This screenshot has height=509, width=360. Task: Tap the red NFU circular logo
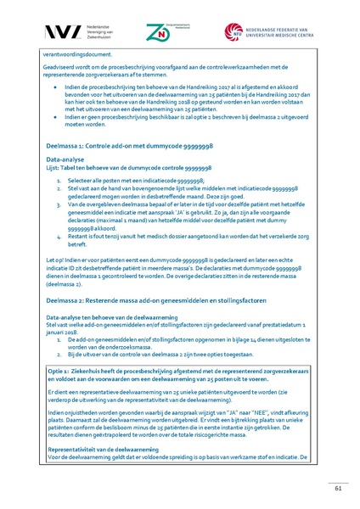(x=234, y=32)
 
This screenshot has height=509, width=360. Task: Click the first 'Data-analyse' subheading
(x=66, y=159)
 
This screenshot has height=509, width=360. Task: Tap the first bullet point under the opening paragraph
(x=54, y=87)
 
